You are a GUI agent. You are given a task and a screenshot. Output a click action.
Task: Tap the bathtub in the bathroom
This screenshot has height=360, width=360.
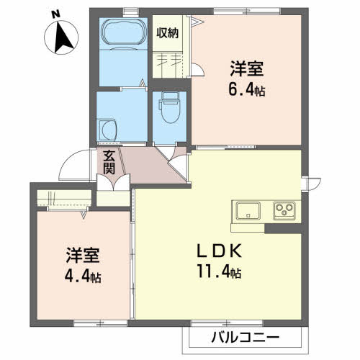click(x=123, y=32)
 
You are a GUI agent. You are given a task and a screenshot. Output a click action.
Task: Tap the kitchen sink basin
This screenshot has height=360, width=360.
click(x=248, y=210)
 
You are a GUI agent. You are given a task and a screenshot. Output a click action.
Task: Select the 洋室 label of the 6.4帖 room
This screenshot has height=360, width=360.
click(x=246, y=70)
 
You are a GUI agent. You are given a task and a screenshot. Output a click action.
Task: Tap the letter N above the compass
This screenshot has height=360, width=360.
click(x=57, y=12)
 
